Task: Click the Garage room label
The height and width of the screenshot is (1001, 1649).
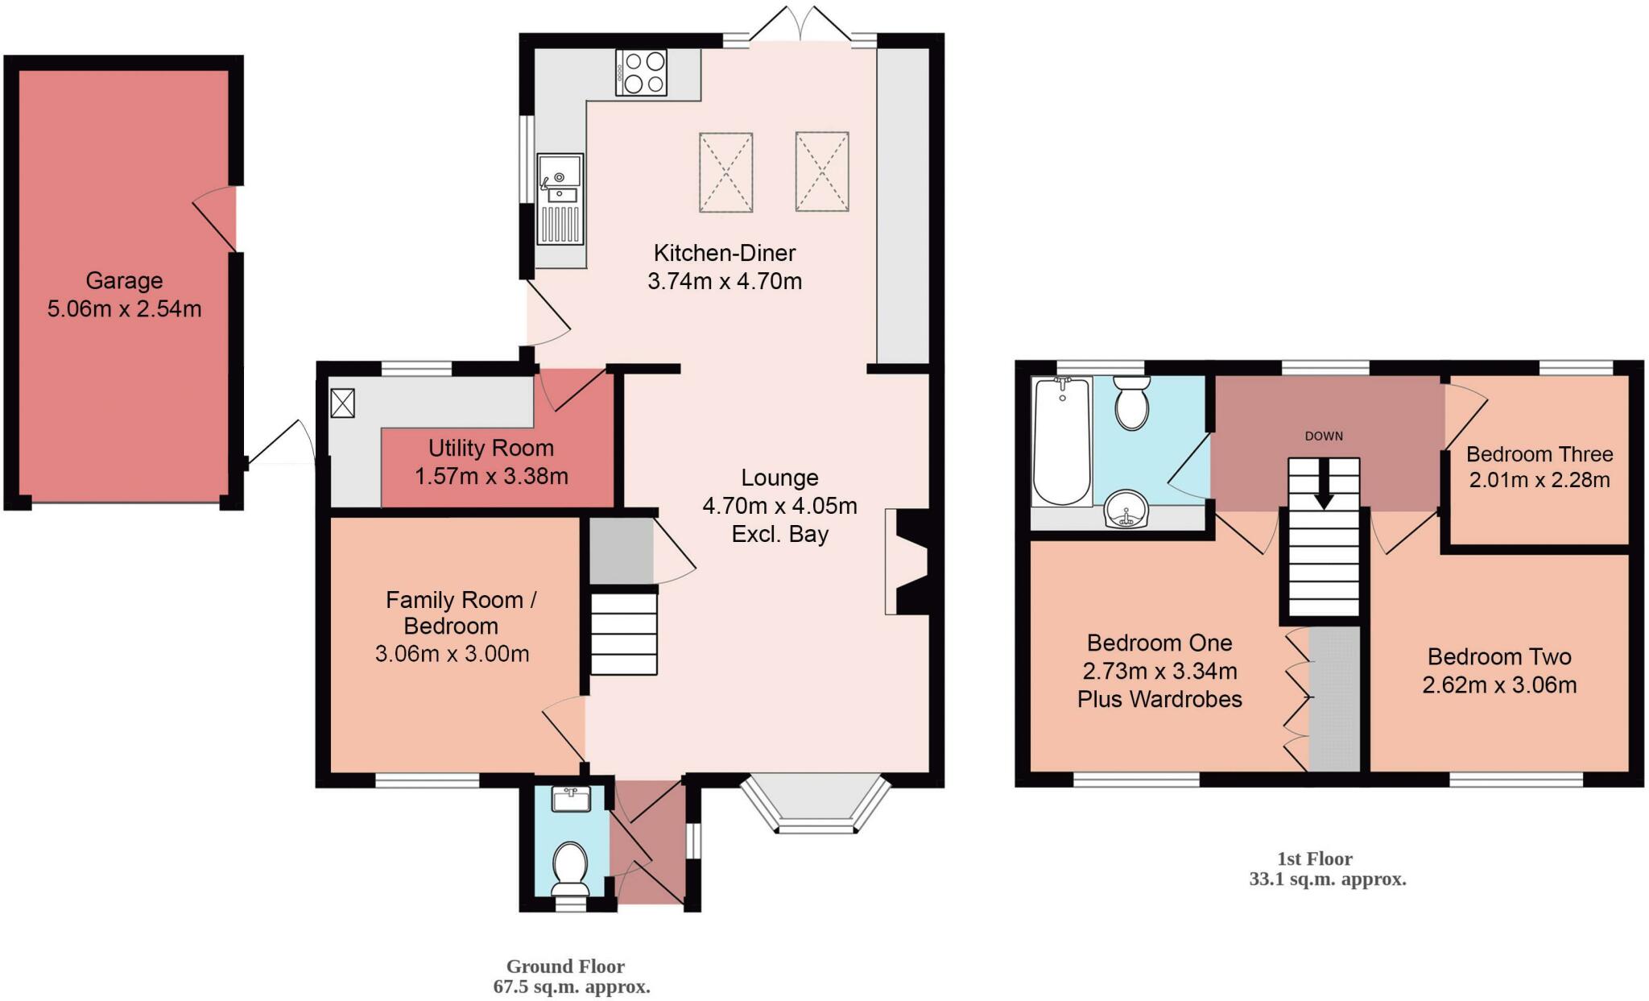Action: point(124,280)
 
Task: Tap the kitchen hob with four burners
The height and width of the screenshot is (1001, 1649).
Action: point(642,72)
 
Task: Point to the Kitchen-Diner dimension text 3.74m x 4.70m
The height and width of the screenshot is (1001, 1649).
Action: point(725,282)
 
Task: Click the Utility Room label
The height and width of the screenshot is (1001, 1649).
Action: point(490,448)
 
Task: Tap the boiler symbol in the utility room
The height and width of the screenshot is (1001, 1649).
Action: point(342,403)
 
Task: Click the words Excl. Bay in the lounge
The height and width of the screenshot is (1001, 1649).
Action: point(779,534)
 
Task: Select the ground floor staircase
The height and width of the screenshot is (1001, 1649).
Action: point(624,634)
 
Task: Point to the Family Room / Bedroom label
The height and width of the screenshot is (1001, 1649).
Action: point(460,612)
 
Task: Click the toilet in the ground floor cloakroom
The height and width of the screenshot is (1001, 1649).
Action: point(571,866)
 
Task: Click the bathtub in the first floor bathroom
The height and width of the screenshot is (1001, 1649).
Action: point(1062,441)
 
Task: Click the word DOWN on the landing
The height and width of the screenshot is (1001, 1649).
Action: point(1324,436)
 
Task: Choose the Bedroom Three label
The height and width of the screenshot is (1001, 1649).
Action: point(1539,454)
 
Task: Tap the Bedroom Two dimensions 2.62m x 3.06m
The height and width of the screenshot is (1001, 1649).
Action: point(1499,685)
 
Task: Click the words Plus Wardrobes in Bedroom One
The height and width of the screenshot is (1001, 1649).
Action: point(1159,699)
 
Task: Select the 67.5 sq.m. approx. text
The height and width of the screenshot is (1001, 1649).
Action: point(571,987)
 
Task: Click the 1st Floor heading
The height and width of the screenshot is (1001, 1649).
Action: point(1314,858)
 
